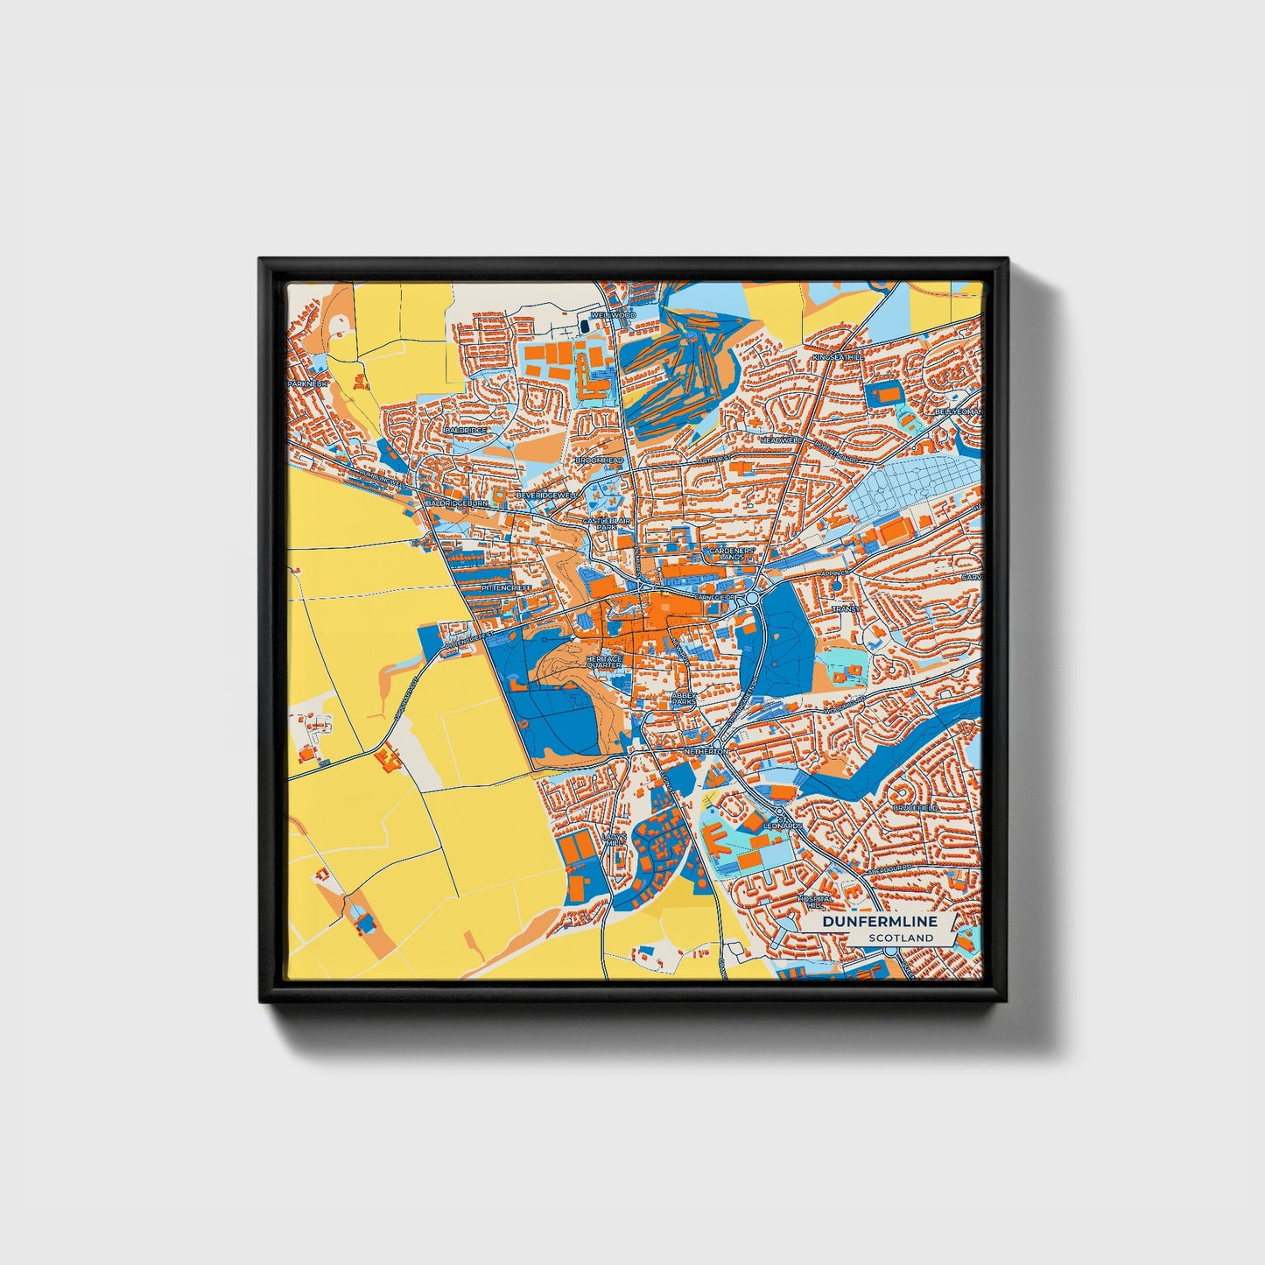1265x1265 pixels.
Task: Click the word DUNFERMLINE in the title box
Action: click(879, 921)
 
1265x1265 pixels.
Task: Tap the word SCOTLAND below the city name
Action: click(901, 938)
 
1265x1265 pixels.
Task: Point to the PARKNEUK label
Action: click(306, 384)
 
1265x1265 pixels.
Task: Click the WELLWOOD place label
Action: click(612, 314)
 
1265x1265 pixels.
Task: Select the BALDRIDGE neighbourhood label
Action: click(465, 431)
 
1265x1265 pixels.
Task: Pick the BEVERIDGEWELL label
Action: click(548, 495)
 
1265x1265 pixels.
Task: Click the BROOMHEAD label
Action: click(599, 460)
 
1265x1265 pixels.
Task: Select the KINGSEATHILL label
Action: click(837, 358)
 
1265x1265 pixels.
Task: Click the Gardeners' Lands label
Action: click(726, 553)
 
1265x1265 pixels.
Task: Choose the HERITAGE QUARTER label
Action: click(603, 661)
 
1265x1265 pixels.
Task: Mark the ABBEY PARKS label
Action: click(683, 699)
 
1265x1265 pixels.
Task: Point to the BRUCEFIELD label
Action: click(916, 807)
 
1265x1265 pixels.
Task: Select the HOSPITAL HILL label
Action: click(813, 903)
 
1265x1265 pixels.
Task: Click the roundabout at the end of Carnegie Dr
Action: click(752, 598)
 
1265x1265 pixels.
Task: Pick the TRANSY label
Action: click(846, 608)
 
